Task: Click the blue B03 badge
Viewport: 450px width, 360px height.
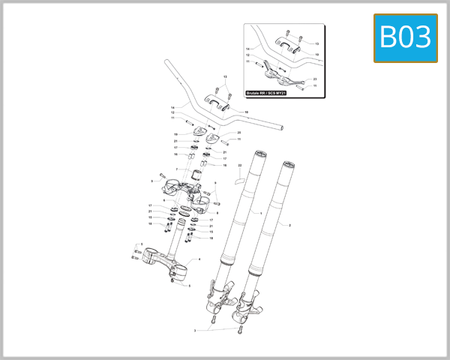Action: click(x=405, y=37)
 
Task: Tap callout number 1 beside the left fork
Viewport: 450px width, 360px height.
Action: click(x=260, y=214)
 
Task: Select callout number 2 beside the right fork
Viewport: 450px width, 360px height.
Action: click(x=289, y=225)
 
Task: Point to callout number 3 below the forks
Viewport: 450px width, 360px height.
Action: click(x=195, y=330)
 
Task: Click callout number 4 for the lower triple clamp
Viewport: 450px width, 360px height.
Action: click(x=199, y=259)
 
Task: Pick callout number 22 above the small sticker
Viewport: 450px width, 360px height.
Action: click(x=240, y=164)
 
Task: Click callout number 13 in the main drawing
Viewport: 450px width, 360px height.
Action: click(x=224, y=78)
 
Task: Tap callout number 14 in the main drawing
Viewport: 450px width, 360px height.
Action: click(x=172, y=107)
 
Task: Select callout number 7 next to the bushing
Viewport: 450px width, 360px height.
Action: click(x=177, y=169)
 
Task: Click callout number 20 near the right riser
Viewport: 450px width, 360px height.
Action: click(x=238, y=133)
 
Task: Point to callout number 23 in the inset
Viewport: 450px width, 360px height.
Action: click(x=315, y=79)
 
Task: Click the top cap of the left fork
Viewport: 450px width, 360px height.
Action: click(x=259, y=156)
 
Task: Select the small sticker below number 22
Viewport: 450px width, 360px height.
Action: click(x=238, y=179)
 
